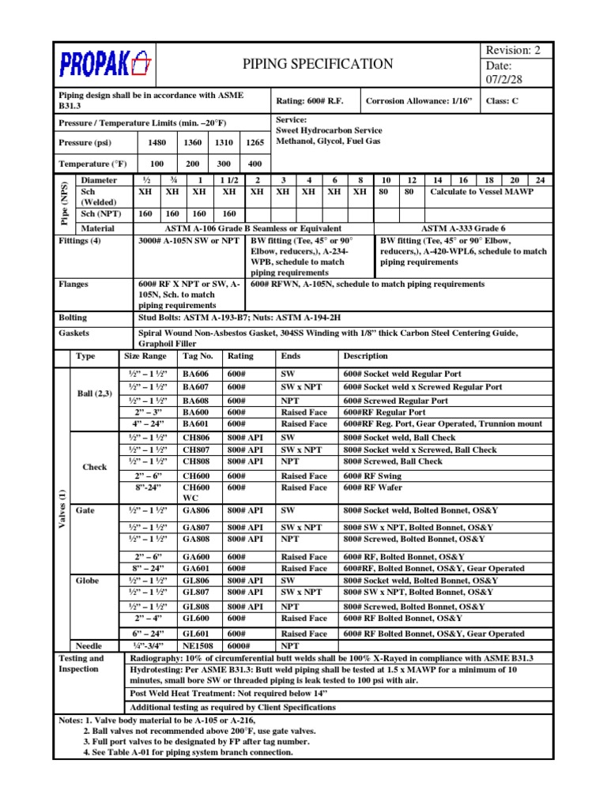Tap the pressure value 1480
click(x=156, y=143)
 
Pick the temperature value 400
click(x=254, y=164)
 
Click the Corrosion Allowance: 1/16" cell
click(x=417, y=101)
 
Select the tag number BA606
click(x=196, y=374)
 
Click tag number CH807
click(x=196, y=450)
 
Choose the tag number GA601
click(x=196, y=568)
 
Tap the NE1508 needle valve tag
click(x=198, y=645)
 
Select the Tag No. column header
click(x=198, y=356)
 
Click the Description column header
click(x=365, y=356)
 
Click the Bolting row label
click(x=74, y=317)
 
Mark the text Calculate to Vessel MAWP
click(x=482, y=192)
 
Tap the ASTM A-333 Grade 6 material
click(x=474, y=228)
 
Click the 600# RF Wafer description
click(x=371, y=487)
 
